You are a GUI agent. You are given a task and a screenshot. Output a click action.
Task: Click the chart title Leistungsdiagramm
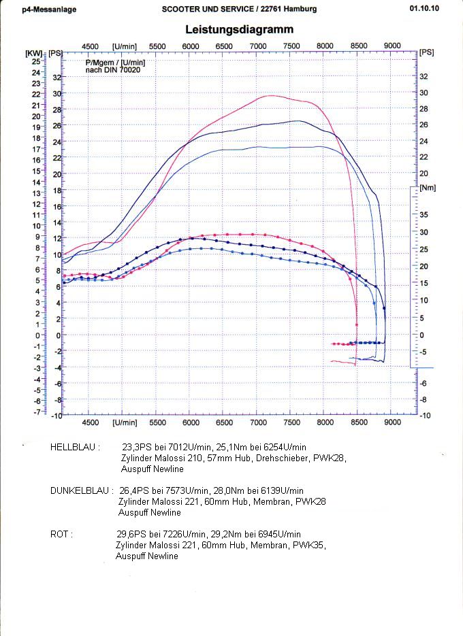[240, 29]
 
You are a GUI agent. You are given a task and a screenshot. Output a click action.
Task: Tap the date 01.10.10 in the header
[425, 9]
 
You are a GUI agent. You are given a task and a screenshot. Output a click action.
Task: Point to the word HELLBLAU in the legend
[75, 448]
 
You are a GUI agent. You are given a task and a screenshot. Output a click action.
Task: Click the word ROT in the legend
[61, 534]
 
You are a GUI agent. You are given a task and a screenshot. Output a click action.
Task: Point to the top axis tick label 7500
[291, 46]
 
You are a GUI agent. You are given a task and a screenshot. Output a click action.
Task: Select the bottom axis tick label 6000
[191, 422]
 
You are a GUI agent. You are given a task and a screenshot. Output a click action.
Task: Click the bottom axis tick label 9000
[392, 422]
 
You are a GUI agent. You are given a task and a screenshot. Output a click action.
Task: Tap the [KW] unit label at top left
[33, 52]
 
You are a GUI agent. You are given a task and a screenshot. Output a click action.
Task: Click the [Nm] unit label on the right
[427, 187]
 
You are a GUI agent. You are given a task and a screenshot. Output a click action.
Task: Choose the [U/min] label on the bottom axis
[124, 422]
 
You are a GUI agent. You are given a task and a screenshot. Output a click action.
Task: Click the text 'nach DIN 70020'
[109, 70]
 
